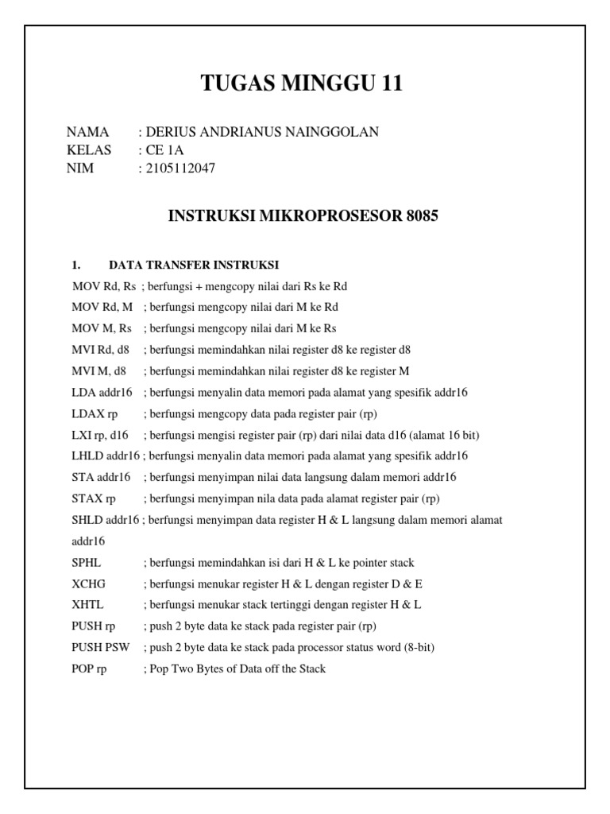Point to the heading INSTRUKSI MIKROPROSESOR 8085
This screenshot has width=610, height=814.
click(304, 216)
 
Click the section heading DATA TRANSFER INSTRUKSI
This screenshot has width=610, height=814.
click(194, 265)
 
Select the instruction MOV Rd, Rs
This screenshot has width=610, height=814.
click(103, 285)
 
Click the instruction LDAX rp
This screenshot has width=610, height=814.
click(94, 414)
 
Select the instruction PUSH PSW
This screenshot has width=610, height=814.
click(100, 648)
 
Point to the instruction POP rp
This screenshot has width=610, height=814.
click(89, 669)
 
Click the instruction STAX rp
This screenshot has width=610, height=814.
click(94, 498)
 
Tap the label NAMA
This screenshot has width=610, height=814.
click(87, 132)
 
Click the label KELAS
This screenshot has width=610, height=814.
click(89, 149)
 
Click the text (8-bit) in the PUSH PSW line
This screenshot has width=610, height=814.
click(415, 648)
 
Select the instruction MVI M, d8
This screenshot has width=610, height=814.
click(98, 370)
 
